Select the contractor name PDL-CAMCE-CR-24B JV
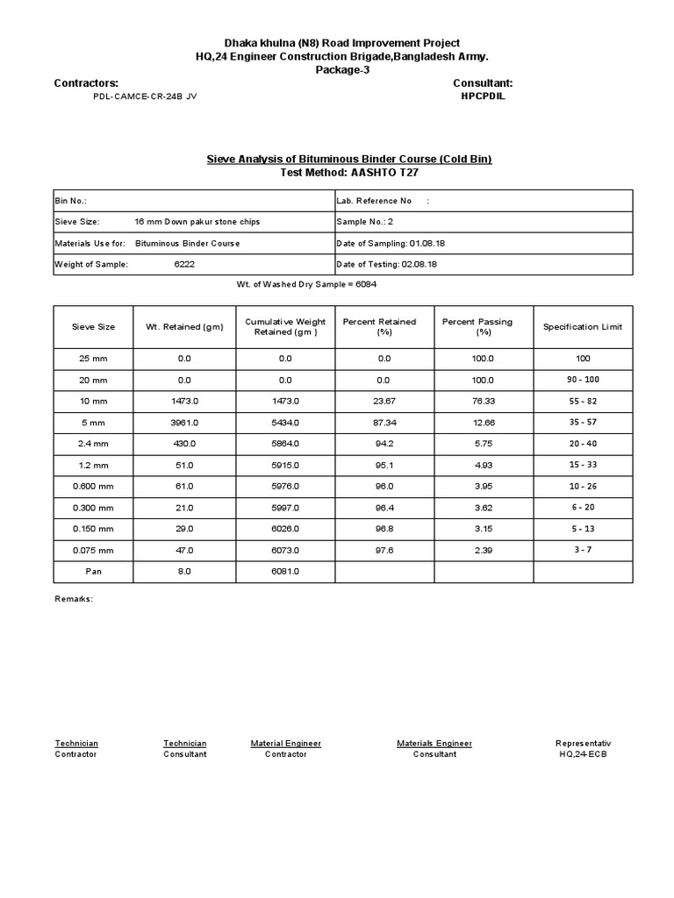coord(145,96)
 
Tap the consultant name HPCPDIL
coord(483,96)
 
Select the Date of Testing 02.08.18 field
coord(387,264)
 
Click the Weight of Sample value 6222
coord(184,264)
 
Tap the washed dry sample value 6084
coord(367,285)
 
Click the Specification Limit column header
coord(583,327)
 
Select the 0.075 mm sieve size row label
coord(93,550)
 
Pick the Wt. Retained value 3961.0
coord(184,422)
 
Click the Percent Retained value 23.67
coord(384,401)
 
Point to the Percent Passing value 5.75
coord(484,444)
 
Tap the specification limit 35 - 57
coord(583,421)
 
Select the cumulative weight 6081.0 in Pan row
coord(285,571)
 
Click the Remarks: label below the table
coord(74,600)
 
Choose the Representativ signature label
coord(583,744)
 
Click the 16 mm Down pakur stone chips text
coord(197,222)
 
